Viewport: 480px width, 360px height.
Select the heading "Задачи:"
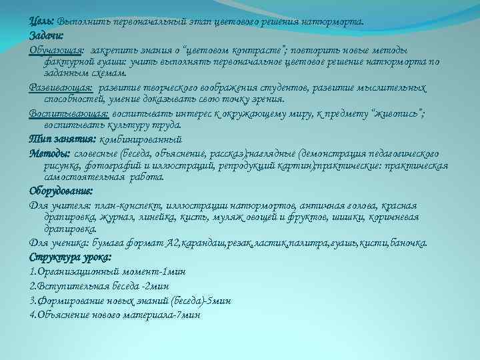click(x=45, y=36)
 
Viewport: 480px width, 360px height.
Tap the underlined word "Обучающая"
click(x=56, y=51)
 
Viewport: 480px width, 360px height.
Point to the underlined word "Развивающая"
click(x=61, y=87)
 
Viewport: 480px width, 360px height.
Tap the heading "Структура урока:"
click(x=71, y=257)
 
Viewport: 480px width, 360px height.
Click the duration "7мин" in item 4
click(x=185, y=313)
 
